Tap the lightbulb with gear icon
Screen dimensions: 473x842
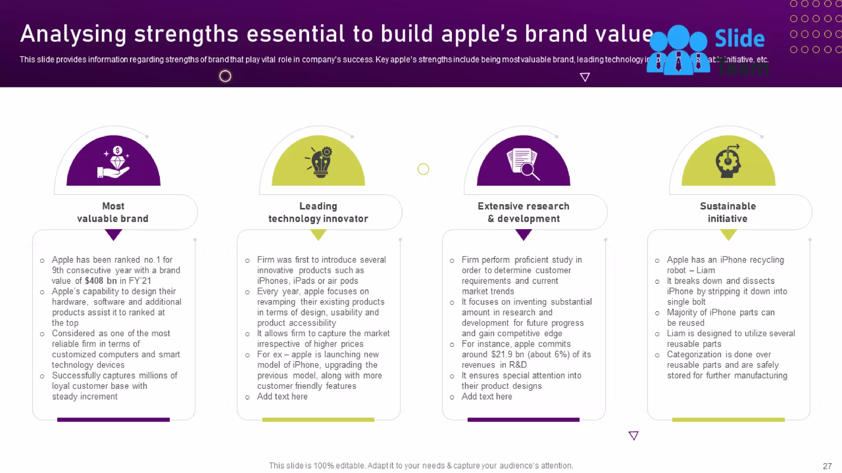[x=320, y=162]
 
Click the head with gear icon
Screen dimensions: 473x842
[x=728, y=162]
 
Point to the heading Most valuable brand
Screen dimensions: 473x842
[x=113, y=212]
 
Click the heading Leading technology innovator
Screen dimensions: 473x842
[x=318, y=212]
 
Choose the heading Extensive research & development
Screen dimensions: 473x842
[x=523, y=212]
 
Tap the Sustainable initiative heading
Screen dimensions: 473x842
[x=728, y=212]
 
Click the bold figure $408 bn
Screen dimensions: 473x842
[x=101, y=281]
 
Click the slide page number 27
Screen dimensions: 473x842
[x=827, y=466]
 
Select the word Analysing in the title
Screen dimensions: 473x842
[x=73, y=34]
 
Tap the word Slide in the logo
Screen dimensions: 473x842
[x=740, y=39]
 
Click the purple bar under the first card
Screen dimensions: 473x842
[x=113, y=420]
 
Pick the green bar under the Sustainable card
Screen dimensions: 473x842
[x=728, y=420]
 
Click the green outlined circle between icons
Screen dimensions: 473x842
[x=423, y=169]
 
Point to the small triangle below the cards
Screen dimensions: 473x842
[x=634, y=435]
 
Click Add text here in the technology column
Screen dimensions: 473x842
[x=282, y=397]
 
